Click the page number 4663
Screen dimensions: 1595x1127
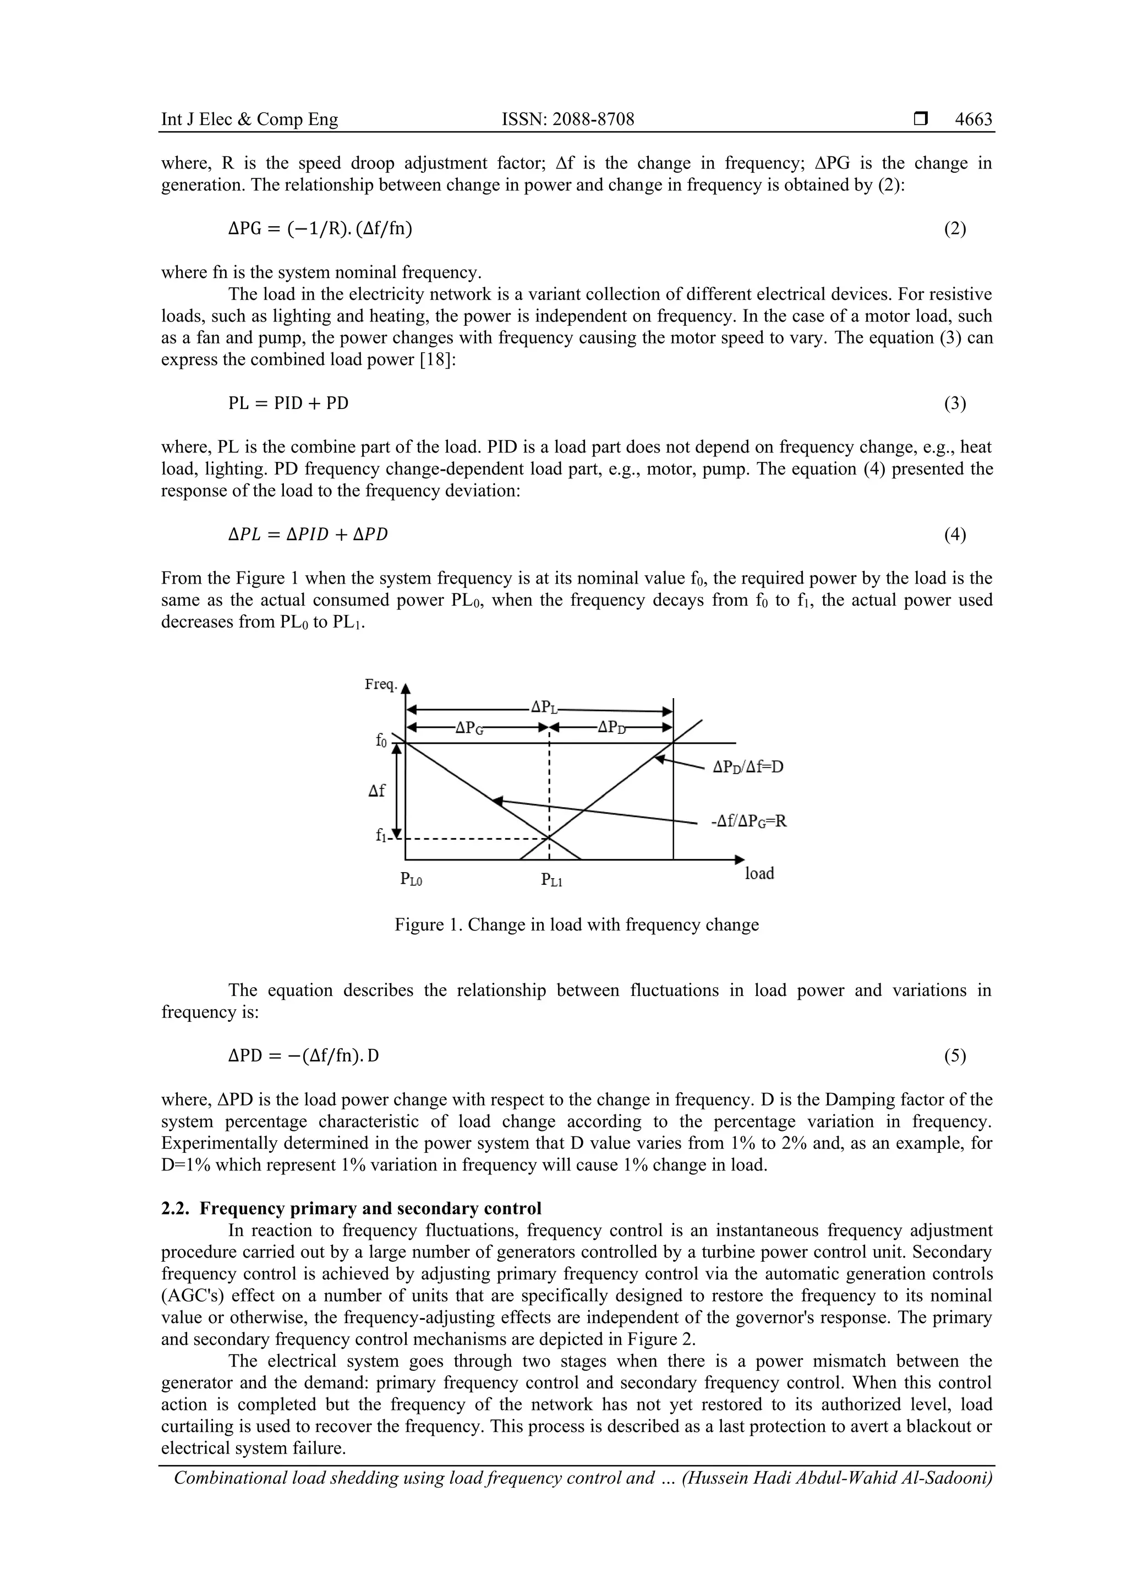click(x=973, y=119)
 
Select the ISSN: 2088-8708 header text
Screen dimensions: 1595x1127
click(x=567, y=119)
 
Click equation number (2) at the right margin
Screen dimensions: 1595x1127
click(x=955, y=228)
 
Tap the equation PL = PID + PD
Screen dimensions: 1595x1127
click(x=288, y=403)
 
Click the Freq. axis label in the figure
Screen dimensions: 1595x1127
click(x=381, y=684)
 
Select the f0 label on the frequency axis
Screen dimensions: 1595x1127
click(x=381, y=741)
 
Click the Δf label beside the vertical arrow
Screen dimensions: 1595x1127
click(x=376, y=791)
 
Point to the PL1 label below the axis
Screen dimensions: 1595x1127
click(x=551, y=880)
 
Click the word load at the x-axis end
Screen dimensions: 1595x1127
click(x=759, y=873)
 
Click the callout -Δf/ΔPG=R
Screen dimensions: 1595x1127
click(x=748, y=821)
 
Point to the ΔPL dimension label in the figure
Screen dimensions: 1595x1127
click(x=545, y=707)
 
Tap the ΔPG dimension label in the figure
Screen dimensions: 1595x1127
click(x=469, y=727)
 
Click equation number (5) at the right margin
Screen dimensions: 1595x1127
click(x=955, y=1056)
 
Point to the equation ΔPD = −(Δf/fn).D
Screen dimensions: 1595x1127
click(x=303, y=1056)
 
